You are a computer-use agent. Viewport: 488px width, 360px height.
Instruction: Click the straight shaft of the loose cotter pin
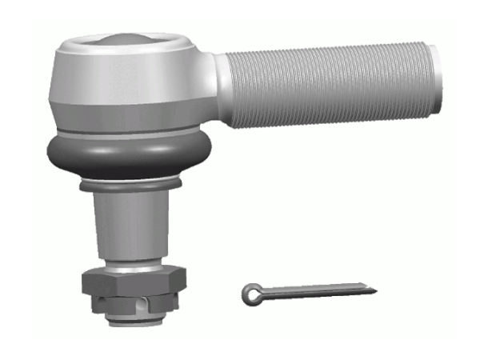pos(320,291)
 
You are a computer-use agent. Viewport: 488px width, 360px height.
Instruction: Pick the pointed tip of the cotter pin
pos(371,287)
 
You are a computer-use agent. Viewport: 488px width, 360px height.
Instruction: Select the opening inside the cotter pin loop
pos(250,294)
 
